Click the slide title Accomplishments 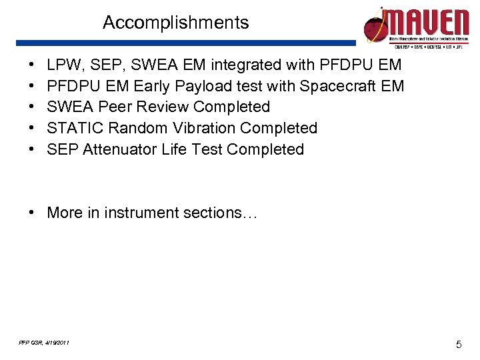[175, 23]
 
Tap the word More [64, 213]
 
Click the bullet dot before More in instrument [32, 213]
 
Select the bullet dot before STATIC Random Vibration [32, 128]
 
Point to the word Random [131, 128]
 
